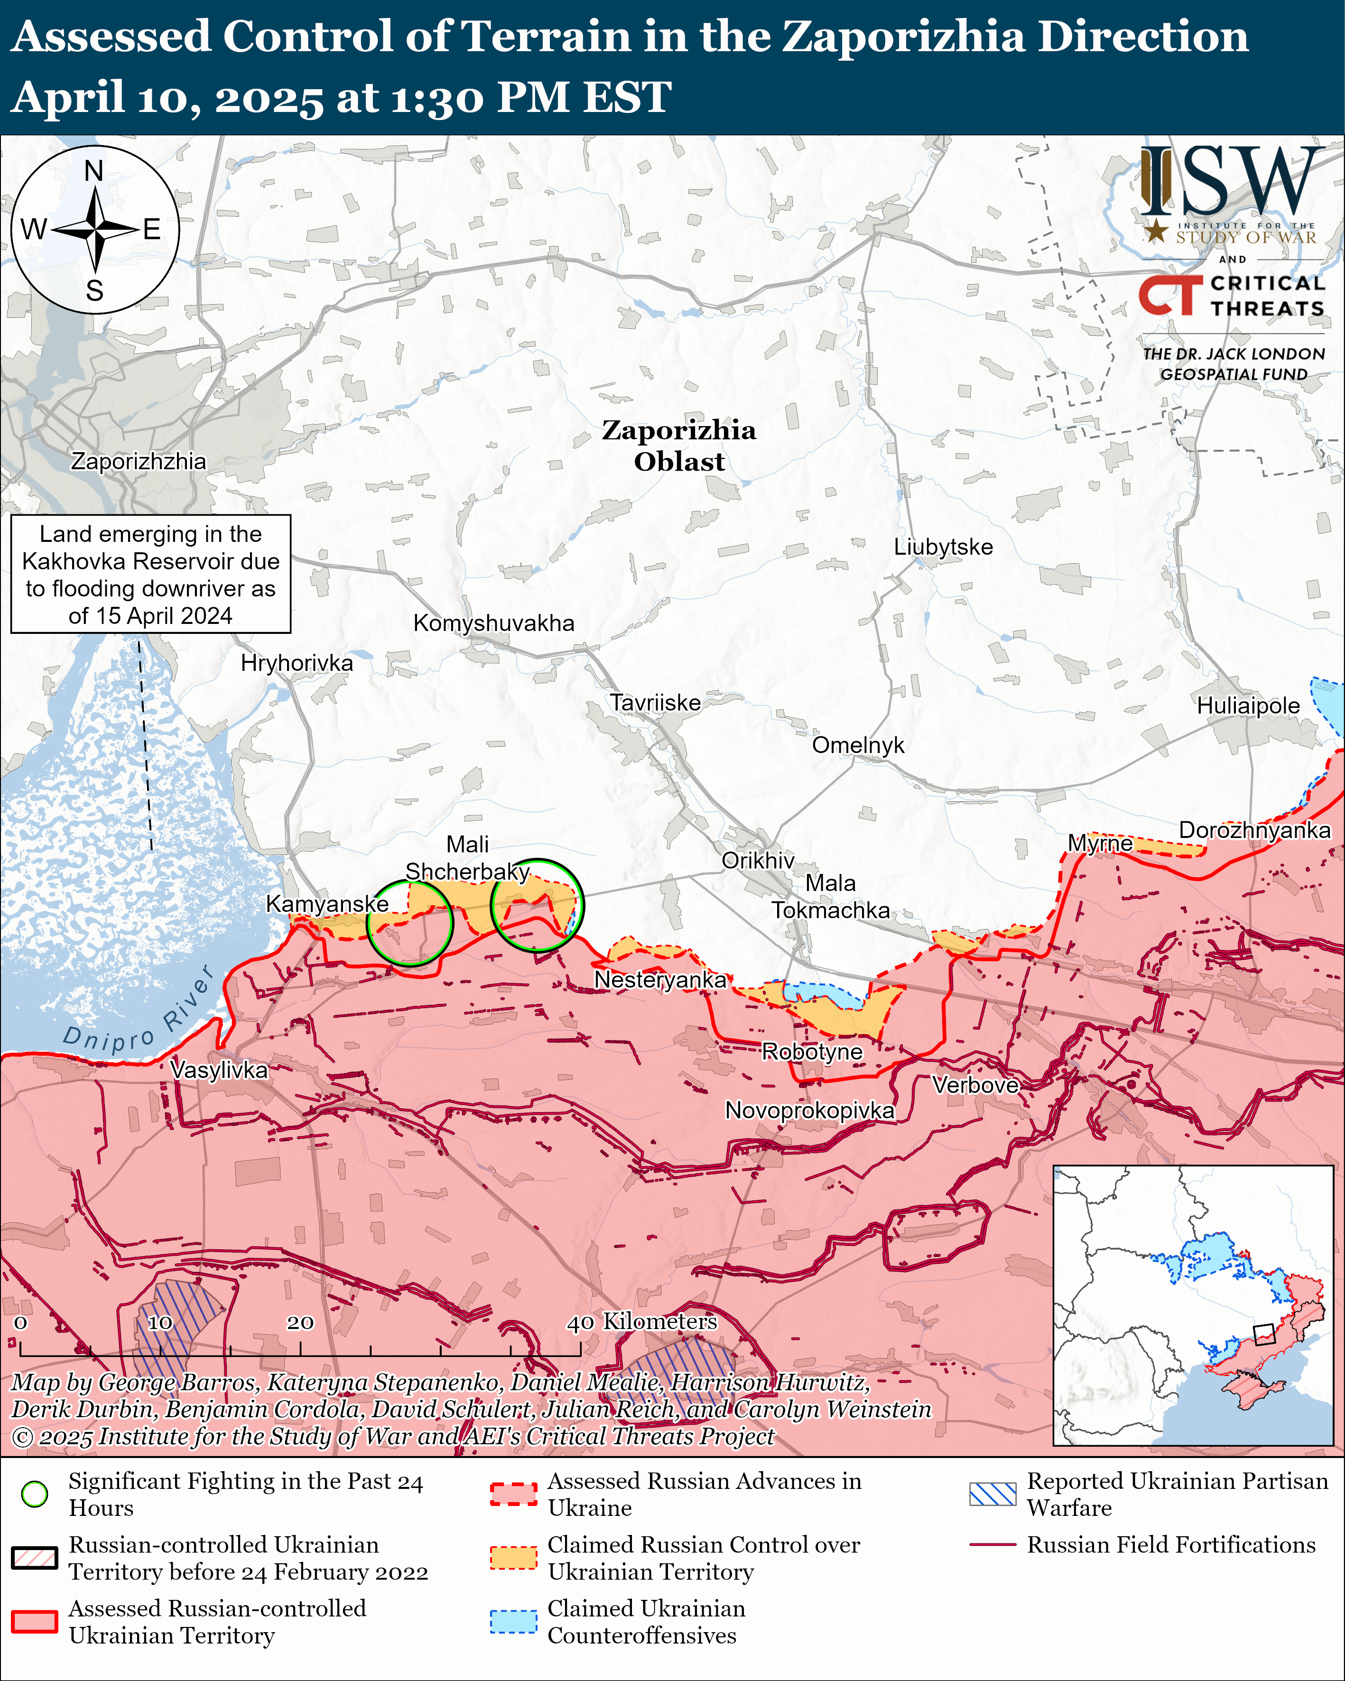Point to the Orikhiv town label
[757, 860]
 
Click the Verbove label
[975, 1086]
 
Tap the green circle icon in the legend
[34, 1494]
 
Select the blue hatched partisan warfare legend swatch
[992, 1494]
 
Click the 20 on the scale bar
[300, 1323]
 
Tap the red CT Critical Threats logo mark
[1169, 296]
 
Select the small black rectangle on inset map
[1263, 1334]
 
